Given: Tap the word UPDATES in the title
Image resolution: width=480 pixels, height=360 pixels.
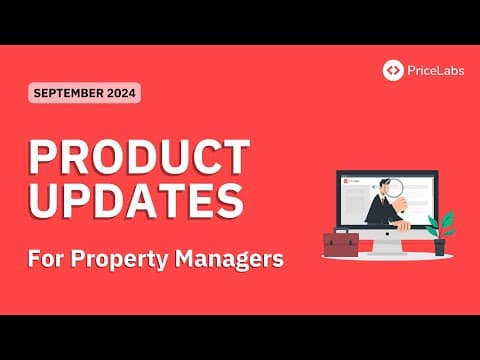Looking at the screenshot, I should coord(136,198).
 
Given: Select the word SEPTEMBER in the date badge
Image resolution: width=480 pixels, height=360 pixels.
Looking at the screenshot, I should coord(69,93).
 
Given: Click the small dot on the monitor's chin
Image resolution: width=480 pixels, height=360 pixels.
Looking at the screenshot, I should coord(388,234).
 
